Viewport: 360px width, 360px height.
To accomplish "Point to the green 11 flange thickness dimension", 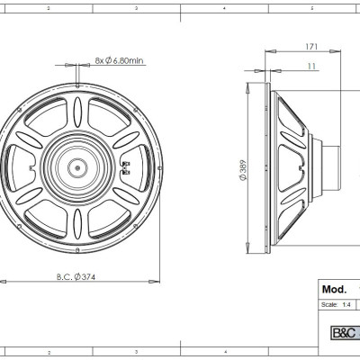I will [309, 67].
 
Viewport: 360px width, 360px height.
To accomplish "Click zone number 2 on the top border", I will [48, 6].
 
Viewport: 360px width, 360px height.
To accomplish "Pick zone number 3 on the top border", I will [135, 6].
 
